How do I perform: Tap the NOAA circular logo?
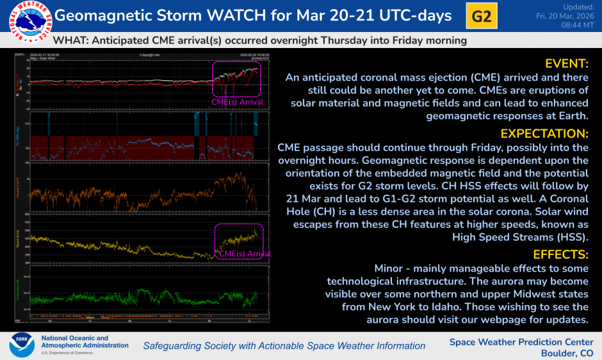(x=22, y=345)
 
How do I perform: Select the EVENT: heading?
(x=566, y=63)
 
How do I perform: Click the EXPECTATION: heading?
(x=544, y=133)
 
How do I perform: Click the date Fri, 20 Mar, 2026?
(x=567, y=16)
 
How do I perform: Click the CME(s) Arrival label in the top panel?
(x=238, y=102)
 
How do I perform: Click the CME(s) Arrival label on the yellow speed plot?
(x=245, y=254)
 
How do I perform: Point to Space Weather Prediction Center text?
(x=521, y=341)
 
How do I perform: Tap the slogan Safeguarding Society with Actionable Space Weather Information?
(x=284, y=346)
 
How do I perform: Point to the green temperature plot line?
(x=128, y=299)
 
